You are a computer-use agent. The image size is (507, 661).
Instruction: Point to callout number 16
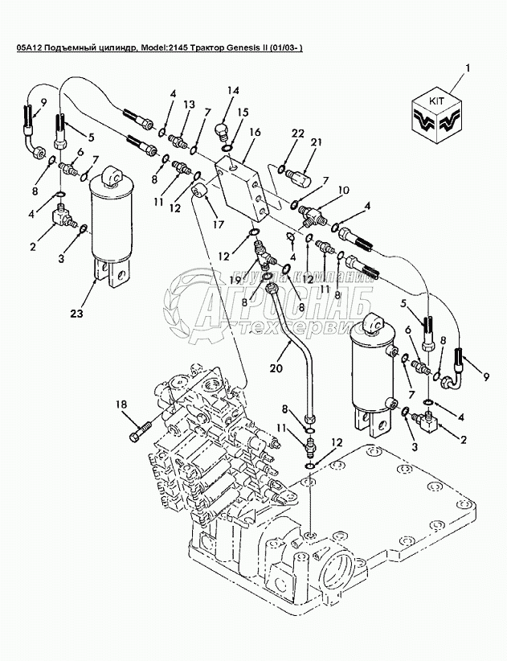click(x=255, y=132)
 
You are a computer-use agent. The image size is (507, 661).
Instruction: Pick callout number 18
click(x=121, y=404)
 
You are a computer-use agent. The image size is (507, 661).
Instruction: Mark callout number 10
click(x=343, y=191)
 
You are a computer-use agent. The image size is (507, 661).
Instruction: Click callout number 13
click(x=189, y=105)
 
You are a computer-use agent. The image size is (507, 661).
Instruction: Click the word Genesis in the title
click(x=245, y=50)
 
